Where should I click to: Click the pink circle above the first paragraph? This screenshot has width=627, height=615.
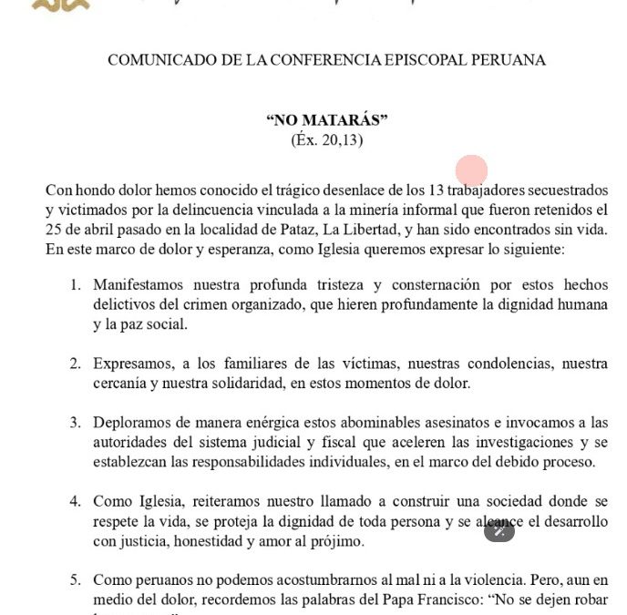pos(471,170)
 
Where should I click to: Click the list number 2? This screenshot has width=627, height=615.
pos(77,364)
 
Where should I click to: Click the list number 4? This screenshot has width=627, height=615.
pos(77,502)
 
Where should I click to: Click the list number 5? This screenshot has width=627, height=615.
pos(77,580)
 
